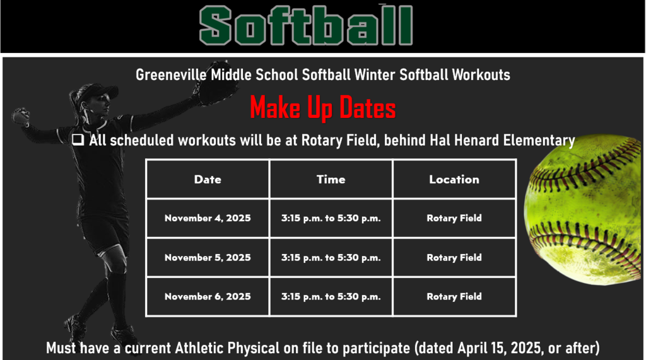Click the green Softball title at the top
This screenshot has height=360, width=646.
pyautogui.click(x=306, y=25)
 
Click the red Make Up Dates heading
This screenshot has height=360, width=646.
pyautogui.click(x=322, y=108)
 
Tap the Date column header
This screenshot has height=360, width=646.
pyautogui.click(x=208, y=179)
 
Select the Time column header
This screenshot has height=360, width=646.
pyautogui.click(x=331, y=179)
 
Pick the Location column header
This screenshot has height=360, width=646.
pyautogui.click(x=454, y=179)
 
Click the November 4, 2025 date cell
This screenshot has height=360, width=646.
pyautogui.click(x=208, y=218)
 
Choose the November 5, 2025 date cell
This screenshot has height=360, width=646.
pyautogui.click(x=208, y=257)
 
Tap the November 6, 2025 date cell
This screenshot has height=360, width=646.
pyautogui.click(x=208, y=296)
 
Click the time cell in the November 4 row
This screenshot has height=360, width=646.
pyautogui.click(x=331, y=218)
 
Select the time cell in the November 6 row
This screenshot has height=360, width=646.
pyautogui.click(x=331, y=296)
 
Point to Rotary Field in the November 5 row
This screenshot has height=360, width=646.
pyautogui.click(x=454, y=257)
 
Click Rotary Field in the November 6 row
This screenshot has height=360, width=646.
pyautogui.click(x=454, y=296)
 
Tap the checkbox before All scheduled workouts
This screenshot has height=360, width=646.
pyautogui.click(x=78, y=140)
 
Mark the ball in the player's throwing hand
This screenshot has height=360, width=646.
pyautogui.click(x=20, y=116)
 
